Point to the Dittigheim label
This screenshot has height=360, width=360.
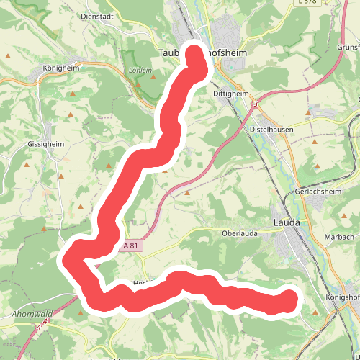pos(231,94)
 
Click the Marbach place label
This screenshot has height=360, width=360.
pos(340,237)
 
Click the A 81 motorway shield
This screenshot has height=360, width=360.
pos(132,246)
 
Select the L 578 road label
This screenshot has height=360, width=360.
pos(307,3)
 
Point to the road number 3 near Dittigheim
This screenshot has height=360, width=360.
pos(255,105)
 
